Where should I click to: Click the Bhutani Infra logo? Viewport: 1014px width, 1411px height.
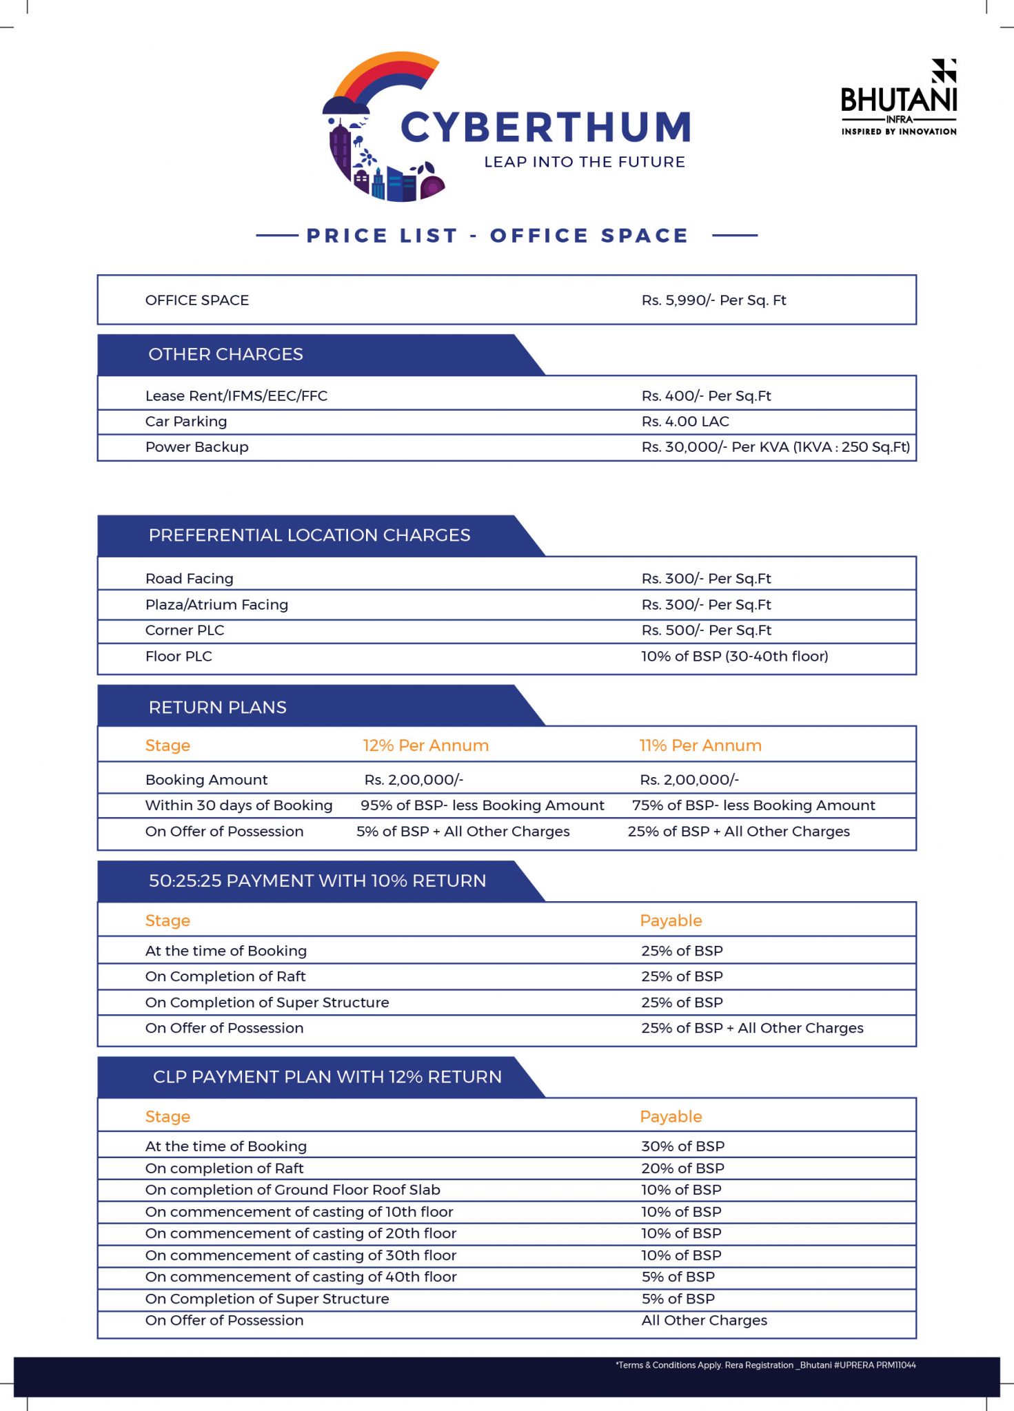pyautogui.click(x=899, y=98)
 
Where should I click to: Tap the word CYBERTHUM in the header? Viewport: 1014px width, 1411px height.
pyautogui.click(x=546, y=128)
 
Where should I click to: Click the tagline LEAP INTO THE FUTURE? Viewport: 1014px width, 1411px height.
pyautogui.click(x=585, y=162)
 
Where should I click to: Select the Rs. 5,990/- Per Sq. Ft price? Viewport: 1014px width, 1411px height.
pyautogui.click(x=713, y=300)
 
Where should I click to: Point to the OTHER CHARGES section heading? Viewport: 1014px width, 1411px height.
pyautogui.click(x=225, y=354)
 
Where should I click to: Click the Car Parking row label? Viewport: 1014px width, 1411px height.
pyautogui.click(x=186, y=422)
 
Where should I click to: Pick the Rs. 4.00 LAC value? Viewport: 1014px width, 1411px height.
pyautogui.click(x=685, y=422)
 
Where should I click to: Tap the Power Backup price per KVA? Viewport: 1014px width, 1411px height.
pyautogui.click(x=775, y=447)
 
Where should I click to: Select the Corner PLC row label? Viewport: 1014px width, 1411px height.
pyautogui.click(x=185, y=630)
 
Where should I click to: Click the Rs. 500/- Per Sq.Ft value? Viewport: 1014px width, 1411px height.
pyautogui.click(x=707, y=630)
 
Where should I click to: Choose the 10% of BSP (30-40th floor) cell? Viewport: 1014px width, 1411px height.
pyautogui.click(x=735, y=657)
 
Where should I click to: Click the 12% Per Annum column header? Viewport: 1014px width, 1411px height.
pyautogui.click(x=426, y=745)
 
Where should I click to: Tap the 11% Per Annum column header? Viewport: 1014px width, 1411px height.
pyautogui.click(x=700, y=745)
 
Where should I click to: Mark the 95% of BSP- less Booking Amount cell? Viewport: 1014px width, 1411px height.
pyautogui.click(x=483, y=805)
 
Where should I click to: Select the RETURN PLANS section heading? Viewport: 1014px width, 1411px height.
pyautogui.click(x=218, y=708)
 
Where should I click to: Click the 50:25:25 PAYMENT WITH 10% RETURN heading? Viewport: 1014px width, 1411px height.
pyautogui.click(x=318, y=881)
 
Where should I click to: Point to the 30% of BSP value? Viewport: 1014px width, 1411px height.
pyautogui.click(x=683, y=1146)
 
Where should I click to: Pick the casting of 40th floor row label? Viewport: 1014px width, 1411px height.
pyautogui.click(x=301, y=1277)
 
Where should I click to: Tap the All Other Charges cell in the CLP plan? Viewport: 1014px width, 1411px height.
pyautogui.click(x=704, y=1321)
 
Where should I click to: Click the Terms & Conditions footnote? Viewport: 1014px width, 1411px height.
pyautogui.click(x=766, y=1365)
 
